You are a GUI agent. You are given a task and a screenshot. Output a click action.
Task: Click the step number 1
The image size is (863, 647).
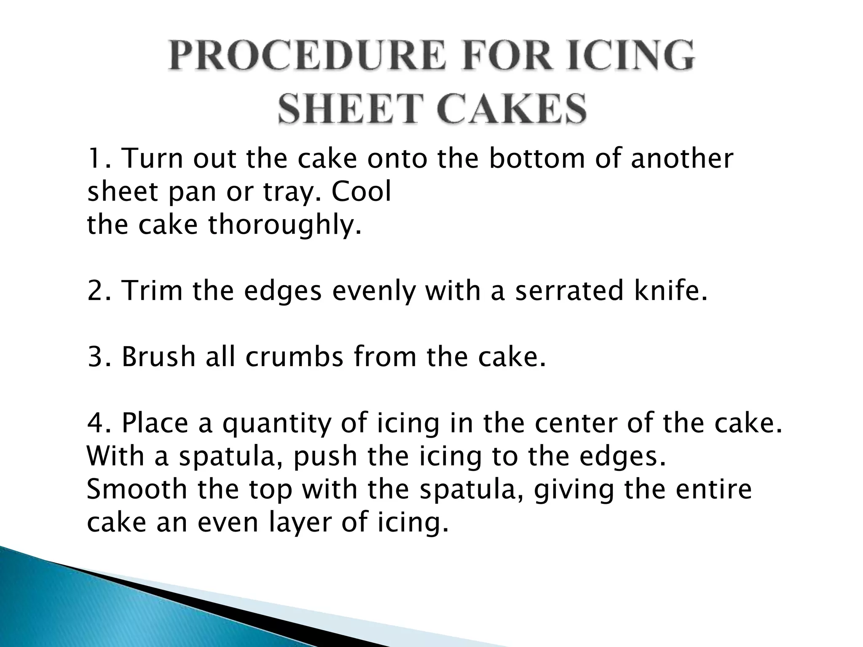[96, 159]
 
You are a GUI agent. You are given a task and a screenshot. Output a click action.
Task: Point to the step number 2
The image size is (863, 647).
[97, 291]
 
